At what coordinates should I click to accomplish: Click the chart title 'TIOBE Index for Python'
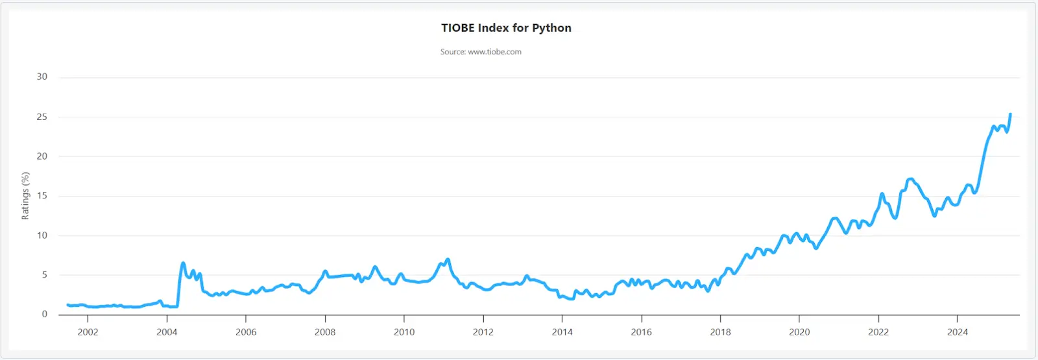click(x=506, y=28)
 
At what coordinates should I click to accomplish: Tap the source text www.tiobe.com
click(x=494, y=52)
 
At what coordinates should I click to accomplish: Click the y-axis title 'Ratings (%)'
click(x=25, y=195)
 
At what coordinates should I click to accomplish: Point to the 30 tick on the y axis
click(x=42, y=77)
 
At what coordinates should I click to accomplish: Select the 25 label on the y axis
click(x=42, y=117)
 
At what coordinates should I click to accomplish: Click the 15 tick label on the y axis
click(x=42, y=195)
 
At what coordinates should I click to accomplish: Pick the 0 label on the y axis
click(x=45, y=314)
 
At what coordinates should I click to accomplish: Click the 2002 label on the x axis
click(x=88, y=331)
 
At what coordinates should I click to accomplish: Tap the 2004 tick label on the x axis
click(x=167, y=331)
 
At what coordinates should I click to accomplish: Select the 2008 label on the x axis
click(x=325, y=331)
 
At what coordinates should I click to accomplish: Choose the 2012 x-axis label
click(x=483, y=331)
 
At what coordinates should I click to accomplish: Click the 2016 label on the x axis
click(x=642, y=331)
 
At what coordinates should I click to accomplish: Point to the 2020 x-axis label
click(x=799, y=331)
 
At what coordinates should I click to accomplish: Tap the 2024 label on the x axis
click(x=958, y=331)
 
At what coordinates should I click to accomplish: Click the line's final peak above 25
click(x=1010, y=114)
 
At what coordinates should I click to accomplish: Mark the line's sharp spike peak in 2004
click(x=183, y=263)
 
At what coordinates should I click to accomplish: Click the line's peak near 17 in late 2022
click(x=911, y=179)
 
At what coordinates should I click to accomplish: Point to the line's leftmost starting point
click(x=67, y=305)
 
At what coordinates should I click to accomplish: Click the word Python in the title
click(x=551, y=29)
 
